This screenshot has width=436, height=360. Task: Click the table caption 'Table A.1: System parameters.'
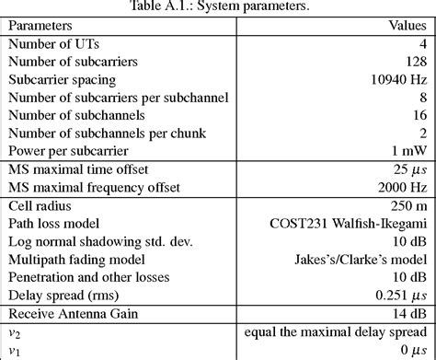coord(219,7)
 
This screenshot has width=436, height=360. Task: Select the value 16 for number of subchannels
coord(419,114)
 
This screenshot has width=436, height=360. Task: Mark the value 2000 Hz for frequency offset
coord(404,187)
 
